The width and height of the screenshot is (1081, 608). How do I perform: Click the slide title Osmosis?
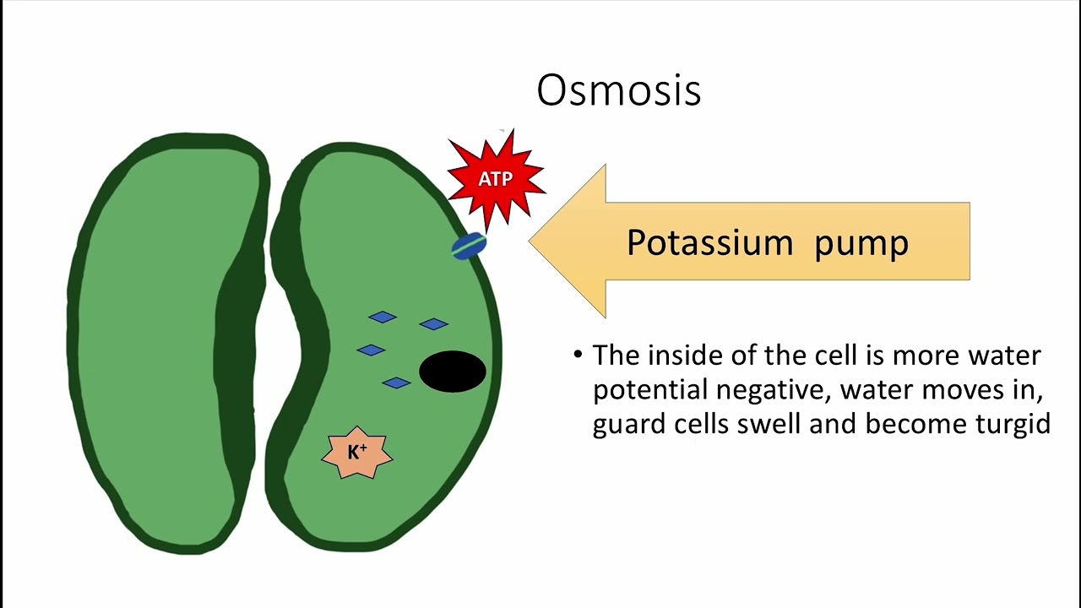tap(618, 90)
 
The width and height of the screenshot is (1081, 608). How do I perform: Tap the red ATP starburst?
tap(496, 179)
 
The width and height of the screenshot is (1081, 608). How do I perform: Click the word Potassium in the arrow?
tap(709, 243)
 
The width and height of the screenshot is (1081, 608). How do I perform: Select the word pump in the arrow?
tap(861, 243)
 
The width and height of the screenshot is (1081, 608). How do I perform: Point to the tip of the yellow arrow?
tap(532, 241)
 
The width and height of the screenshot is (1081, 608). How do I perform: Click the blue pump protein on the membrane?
tap(469, 246)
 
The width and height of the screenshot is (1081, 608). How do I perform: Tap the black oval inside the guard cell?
tap(453, 372)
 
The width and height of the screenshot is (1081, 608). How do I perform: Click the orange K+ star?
tap(357, 453)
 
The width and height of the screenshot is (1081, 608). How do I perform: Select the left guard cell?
tap(160, 338)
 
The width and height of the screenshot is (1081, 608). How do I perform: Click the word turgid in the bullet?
tap(1013, 423)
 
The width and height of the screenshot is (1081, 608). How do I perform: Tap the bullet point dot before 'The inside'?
tap(578, 355)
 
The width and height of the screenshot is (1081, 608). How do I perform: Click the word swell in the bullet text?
tap(769, 423)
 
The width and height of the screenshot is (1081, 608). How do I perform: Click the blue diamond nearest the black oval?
tap(433, 324)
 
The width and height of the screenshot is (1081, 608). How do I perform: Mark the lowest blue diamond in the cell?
tap(396, 383)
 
